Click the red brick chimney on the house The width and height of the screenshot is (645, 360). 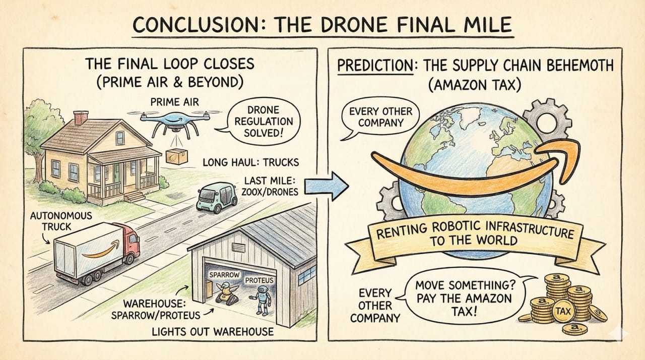pyautogui.click(x=80, y=117)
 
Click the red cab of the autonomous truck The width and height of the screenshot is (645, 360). pyautogui.click(x=130, y=242)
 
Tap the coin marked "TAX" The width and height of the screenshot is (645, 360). pyautogui.click(x=562, y=312)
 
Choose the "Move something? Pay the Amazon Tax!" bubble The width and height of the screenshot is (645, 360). pyautogui.click(x=463, y=298)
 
